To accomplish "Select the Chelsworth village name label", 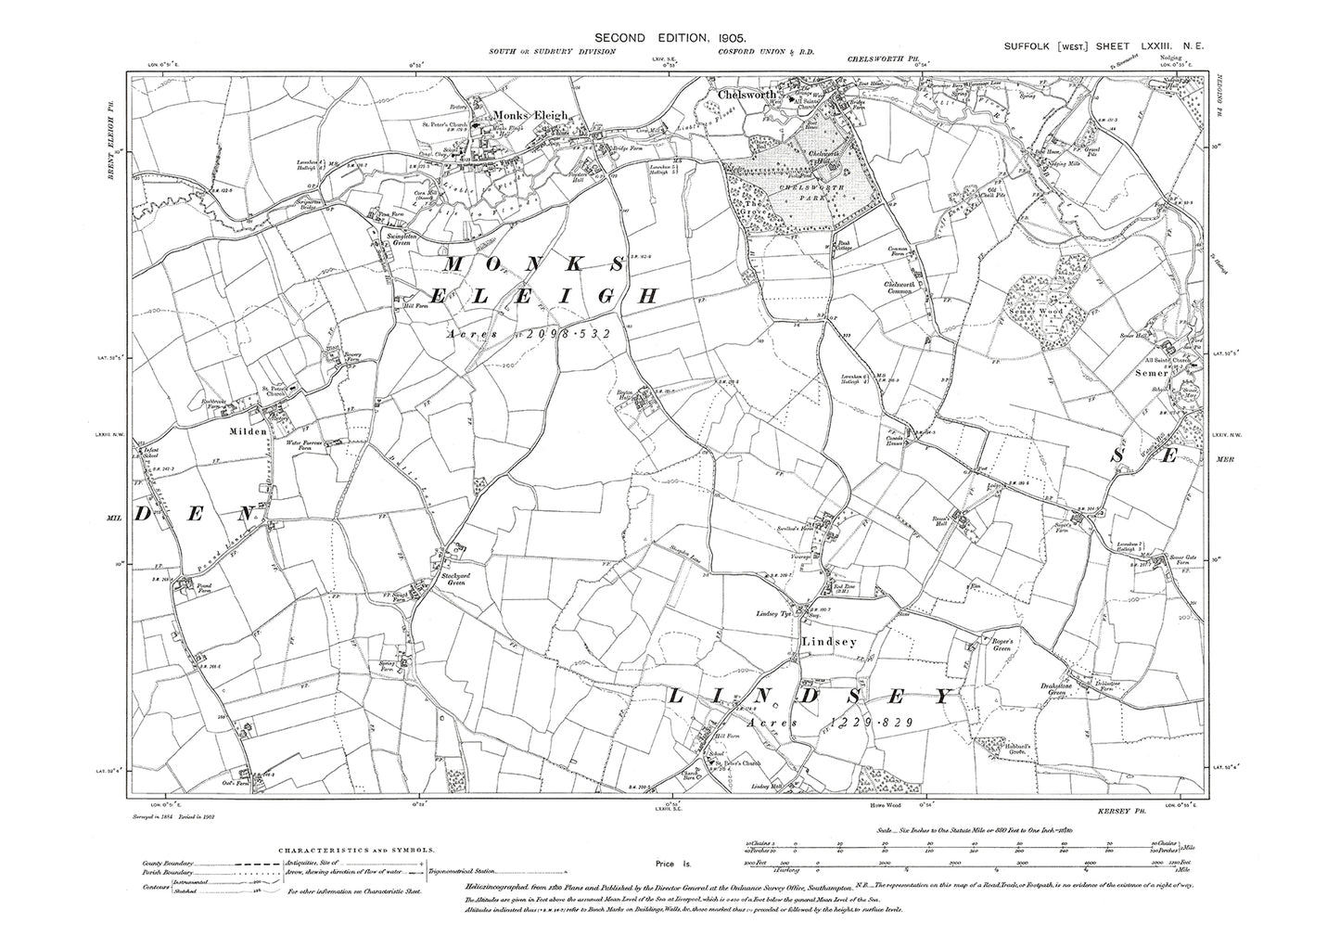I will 748,95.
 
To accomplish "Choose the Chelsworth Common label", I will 906,288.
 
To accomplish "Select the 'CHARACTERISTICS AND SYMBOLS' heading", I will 355,848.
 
